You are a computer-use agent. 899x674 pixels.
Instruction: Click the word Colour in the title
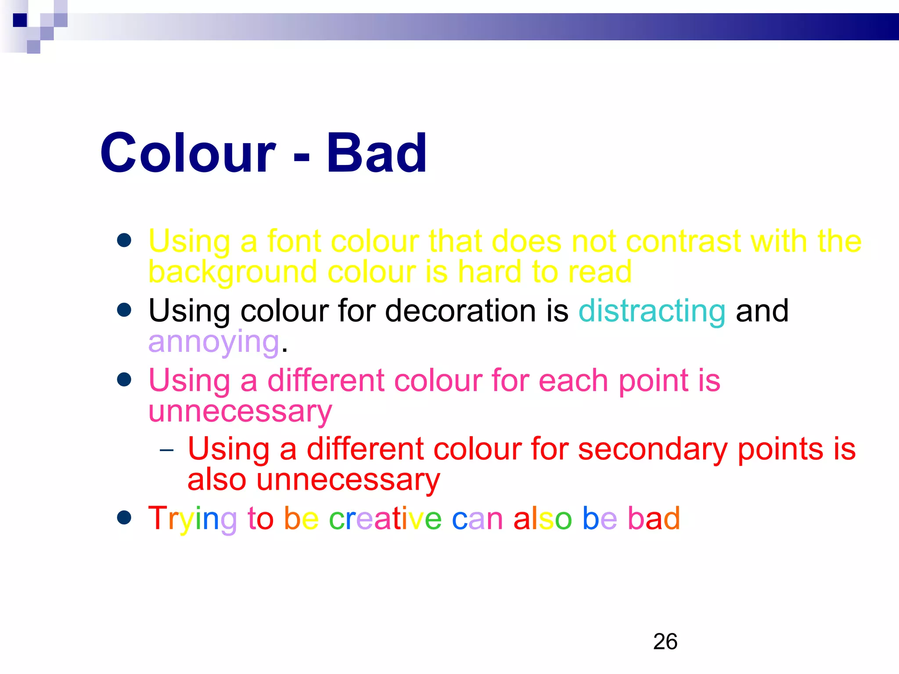(x=188, y=153)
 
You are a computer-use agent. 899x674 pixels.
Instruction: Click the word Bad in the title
(x=376, y=153)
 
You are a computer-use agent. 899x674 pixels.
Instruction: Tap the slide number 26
(x=665, y=642)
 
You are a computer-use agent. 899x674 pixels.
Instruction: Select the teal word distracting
(x=652, y=311)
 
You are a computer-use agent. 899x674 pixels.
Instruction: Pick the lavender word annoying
(x=214, y=342)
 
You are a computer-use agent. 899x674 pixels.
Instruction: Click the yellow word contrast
(x=683, y=241)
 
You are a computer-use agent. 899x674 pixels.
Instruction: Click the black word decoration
(x=460, y=311)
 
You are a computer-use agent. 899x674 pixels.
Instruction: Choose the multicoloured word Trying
(x=192, y=519)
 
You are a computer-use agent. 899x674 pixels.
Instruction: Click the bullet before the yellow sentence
(x=125, y=240)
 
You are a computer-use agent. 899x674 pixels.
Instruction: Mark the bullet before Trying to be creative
(x=125, y=517)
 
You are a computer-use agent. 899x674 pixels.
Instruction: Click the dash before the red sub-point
(x=167, y=450)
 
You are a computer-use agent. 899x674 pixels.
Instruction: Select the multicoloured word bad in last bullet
(x=654, y=518)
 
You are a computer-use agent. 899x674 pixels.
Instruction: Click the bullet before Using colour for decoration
(x=125, y=310)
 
